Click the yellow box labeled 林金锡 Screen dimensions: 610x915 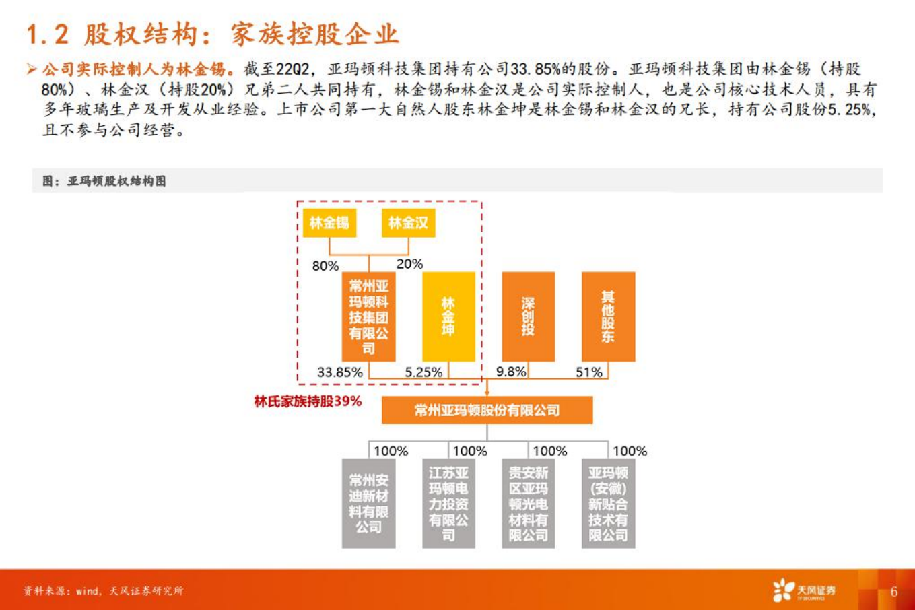[329, 223]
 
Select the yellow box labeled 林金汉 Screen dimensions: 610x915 [408, 223]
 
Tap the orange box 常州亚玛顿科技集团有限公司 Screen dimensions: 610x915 [368, 316]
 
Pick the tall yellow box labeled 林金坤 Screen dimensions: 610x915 [448, 316]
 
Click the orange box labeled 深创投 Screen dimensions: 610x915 [529, 316]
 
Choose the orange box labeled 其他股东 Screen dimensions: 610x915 [608, 316]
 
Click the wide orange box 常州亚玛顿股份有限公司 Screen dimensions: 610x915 [487, 410]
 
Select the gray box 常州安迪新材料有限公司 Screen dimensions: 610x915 [368, 503]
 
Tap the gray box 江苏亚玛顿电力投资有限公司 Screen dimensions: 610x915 [448, 503]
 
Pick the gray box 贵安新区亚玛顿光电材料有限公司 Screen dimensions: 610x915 [529, 503]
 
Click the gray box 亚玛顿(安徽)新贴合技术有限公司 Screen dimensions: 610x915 [608, 503]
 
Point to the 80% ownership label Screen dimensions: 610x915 [325, 266]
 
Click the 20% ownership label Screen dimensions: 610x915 [409, 264]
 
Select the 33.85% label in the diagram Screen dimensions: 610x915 [340, 372]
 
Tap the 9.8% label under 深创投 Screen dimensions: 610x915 [511, 372]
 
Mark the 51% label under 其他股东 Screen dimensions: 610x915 [589, 372]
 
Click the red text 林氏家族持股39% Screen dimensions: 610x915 [308, 402]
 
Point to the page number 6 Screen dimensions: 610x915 [893, 591]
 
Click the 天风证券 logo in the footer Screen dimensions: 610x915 [804, 590]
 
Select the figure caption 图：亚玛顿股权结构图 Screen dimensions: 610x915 [104, 181]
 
